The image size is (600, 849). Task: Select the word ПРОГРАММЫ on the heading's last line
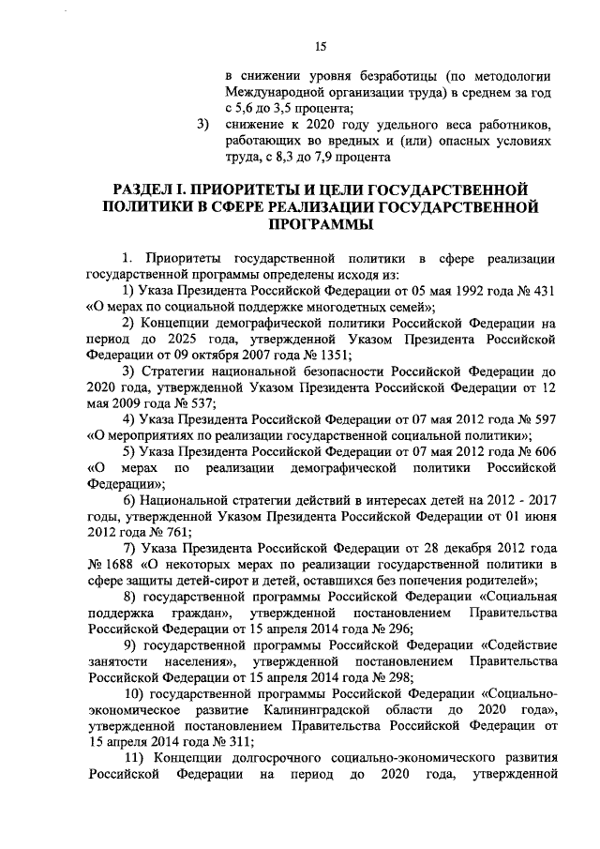point(320,225)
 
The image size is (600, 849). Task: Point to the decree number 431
point(545,289)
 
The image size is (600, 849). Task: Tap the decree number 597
point(545,419)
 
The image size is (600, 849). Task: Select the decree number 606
point(545,452)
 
